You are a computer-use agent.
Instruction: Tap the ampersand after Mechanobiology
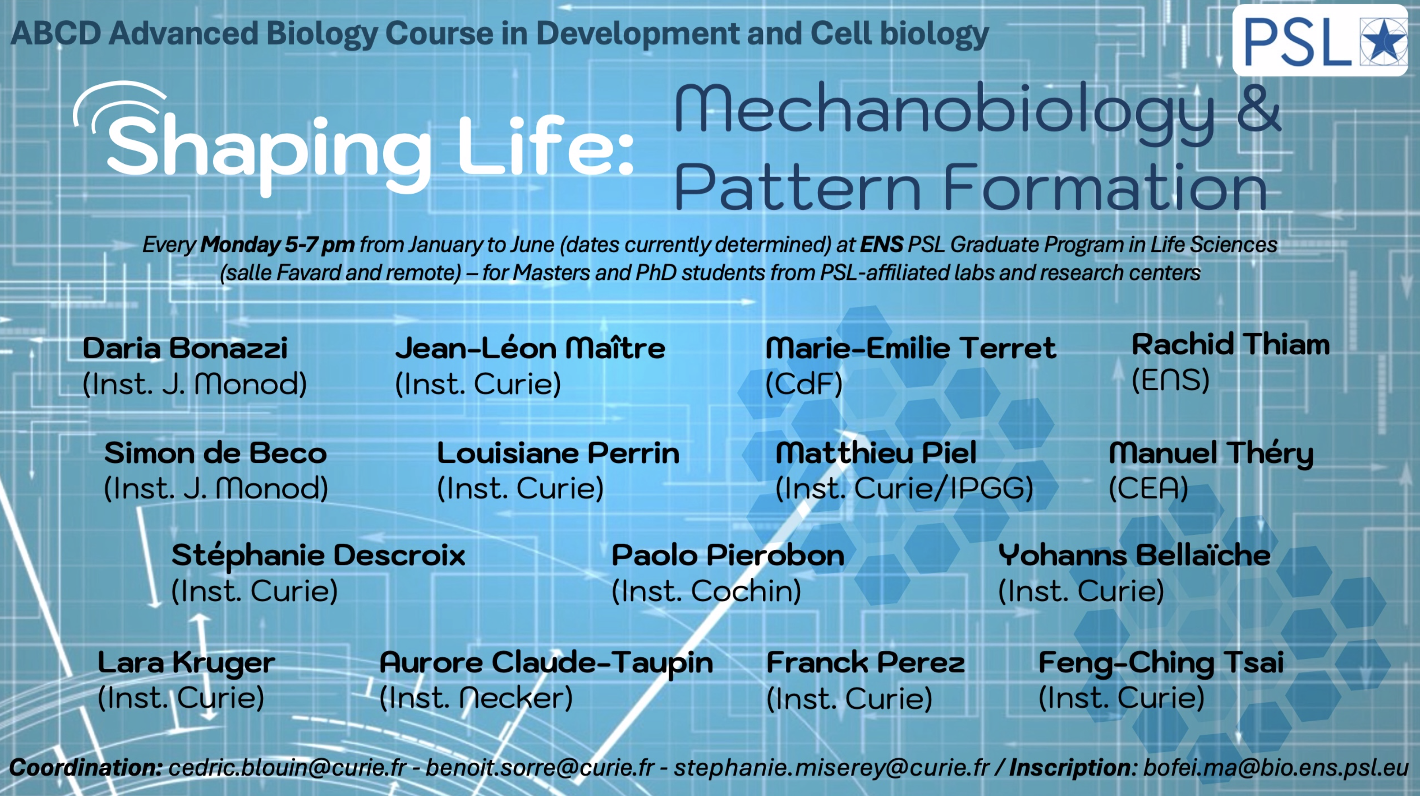coord(1258,108)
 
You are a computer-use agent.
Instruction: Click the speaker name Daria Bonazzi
coord(185,348)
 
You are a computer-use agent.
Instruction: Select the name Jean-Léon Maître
coord(530,348)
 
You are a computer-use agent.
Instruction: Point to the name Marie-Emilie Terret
coord(911,348)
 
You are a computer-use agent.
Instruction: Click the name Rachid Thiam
coord(1231,345)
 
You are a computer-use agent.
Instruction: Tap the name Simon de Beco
coord(215,453)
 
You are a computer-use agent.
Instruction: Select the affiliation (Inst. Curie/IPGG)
coord(904,488)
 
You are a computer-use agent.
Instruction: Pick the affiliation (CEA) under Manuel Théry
coord(1148,488)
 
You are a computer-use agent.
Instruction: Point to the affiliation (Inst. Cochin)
coord(706,591)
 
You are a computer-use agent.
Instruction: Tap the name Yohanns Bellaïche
coord(1135,555)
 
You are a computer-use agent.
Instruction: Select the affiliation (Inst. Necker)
coord(476,698)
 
